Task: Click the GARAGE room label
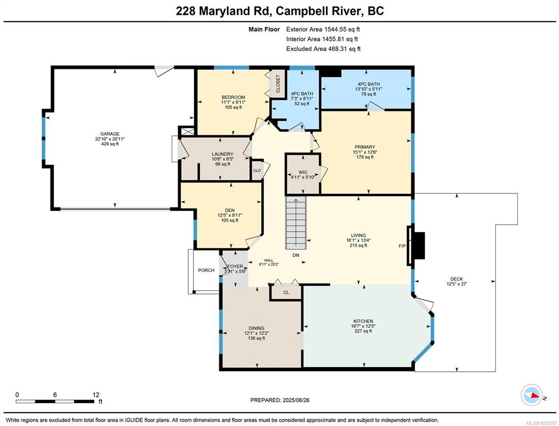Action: [110, 134]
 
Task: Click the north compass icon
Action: [532, 395]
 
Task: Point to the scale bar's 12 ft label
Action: [96, 394]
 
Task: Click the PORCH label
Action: [206, 270]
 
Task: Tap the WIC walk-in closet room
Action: [303, 174]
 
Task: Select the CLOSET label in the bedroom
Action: [278, 84]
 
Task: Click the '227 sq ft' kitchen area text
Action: [363, 331]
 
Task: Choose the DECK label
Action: [457, 279]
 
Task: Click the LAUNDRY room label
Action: [223, 154]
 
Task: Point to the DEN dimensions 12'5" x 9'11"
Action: [230, 215]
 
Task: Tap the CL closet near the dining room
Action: [286, 292]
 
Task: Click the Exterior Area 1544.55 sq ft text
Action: [320, 29]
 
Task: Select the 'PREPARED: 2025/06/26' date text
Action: [280, 400]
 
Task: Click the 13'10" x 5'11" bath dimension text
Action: [369, 89]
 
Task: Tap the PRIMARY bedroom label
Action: [365, 147]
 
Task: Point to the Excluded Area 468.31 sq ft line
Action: [323, 49]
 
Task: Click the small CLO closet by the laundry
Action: [257, 171]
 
